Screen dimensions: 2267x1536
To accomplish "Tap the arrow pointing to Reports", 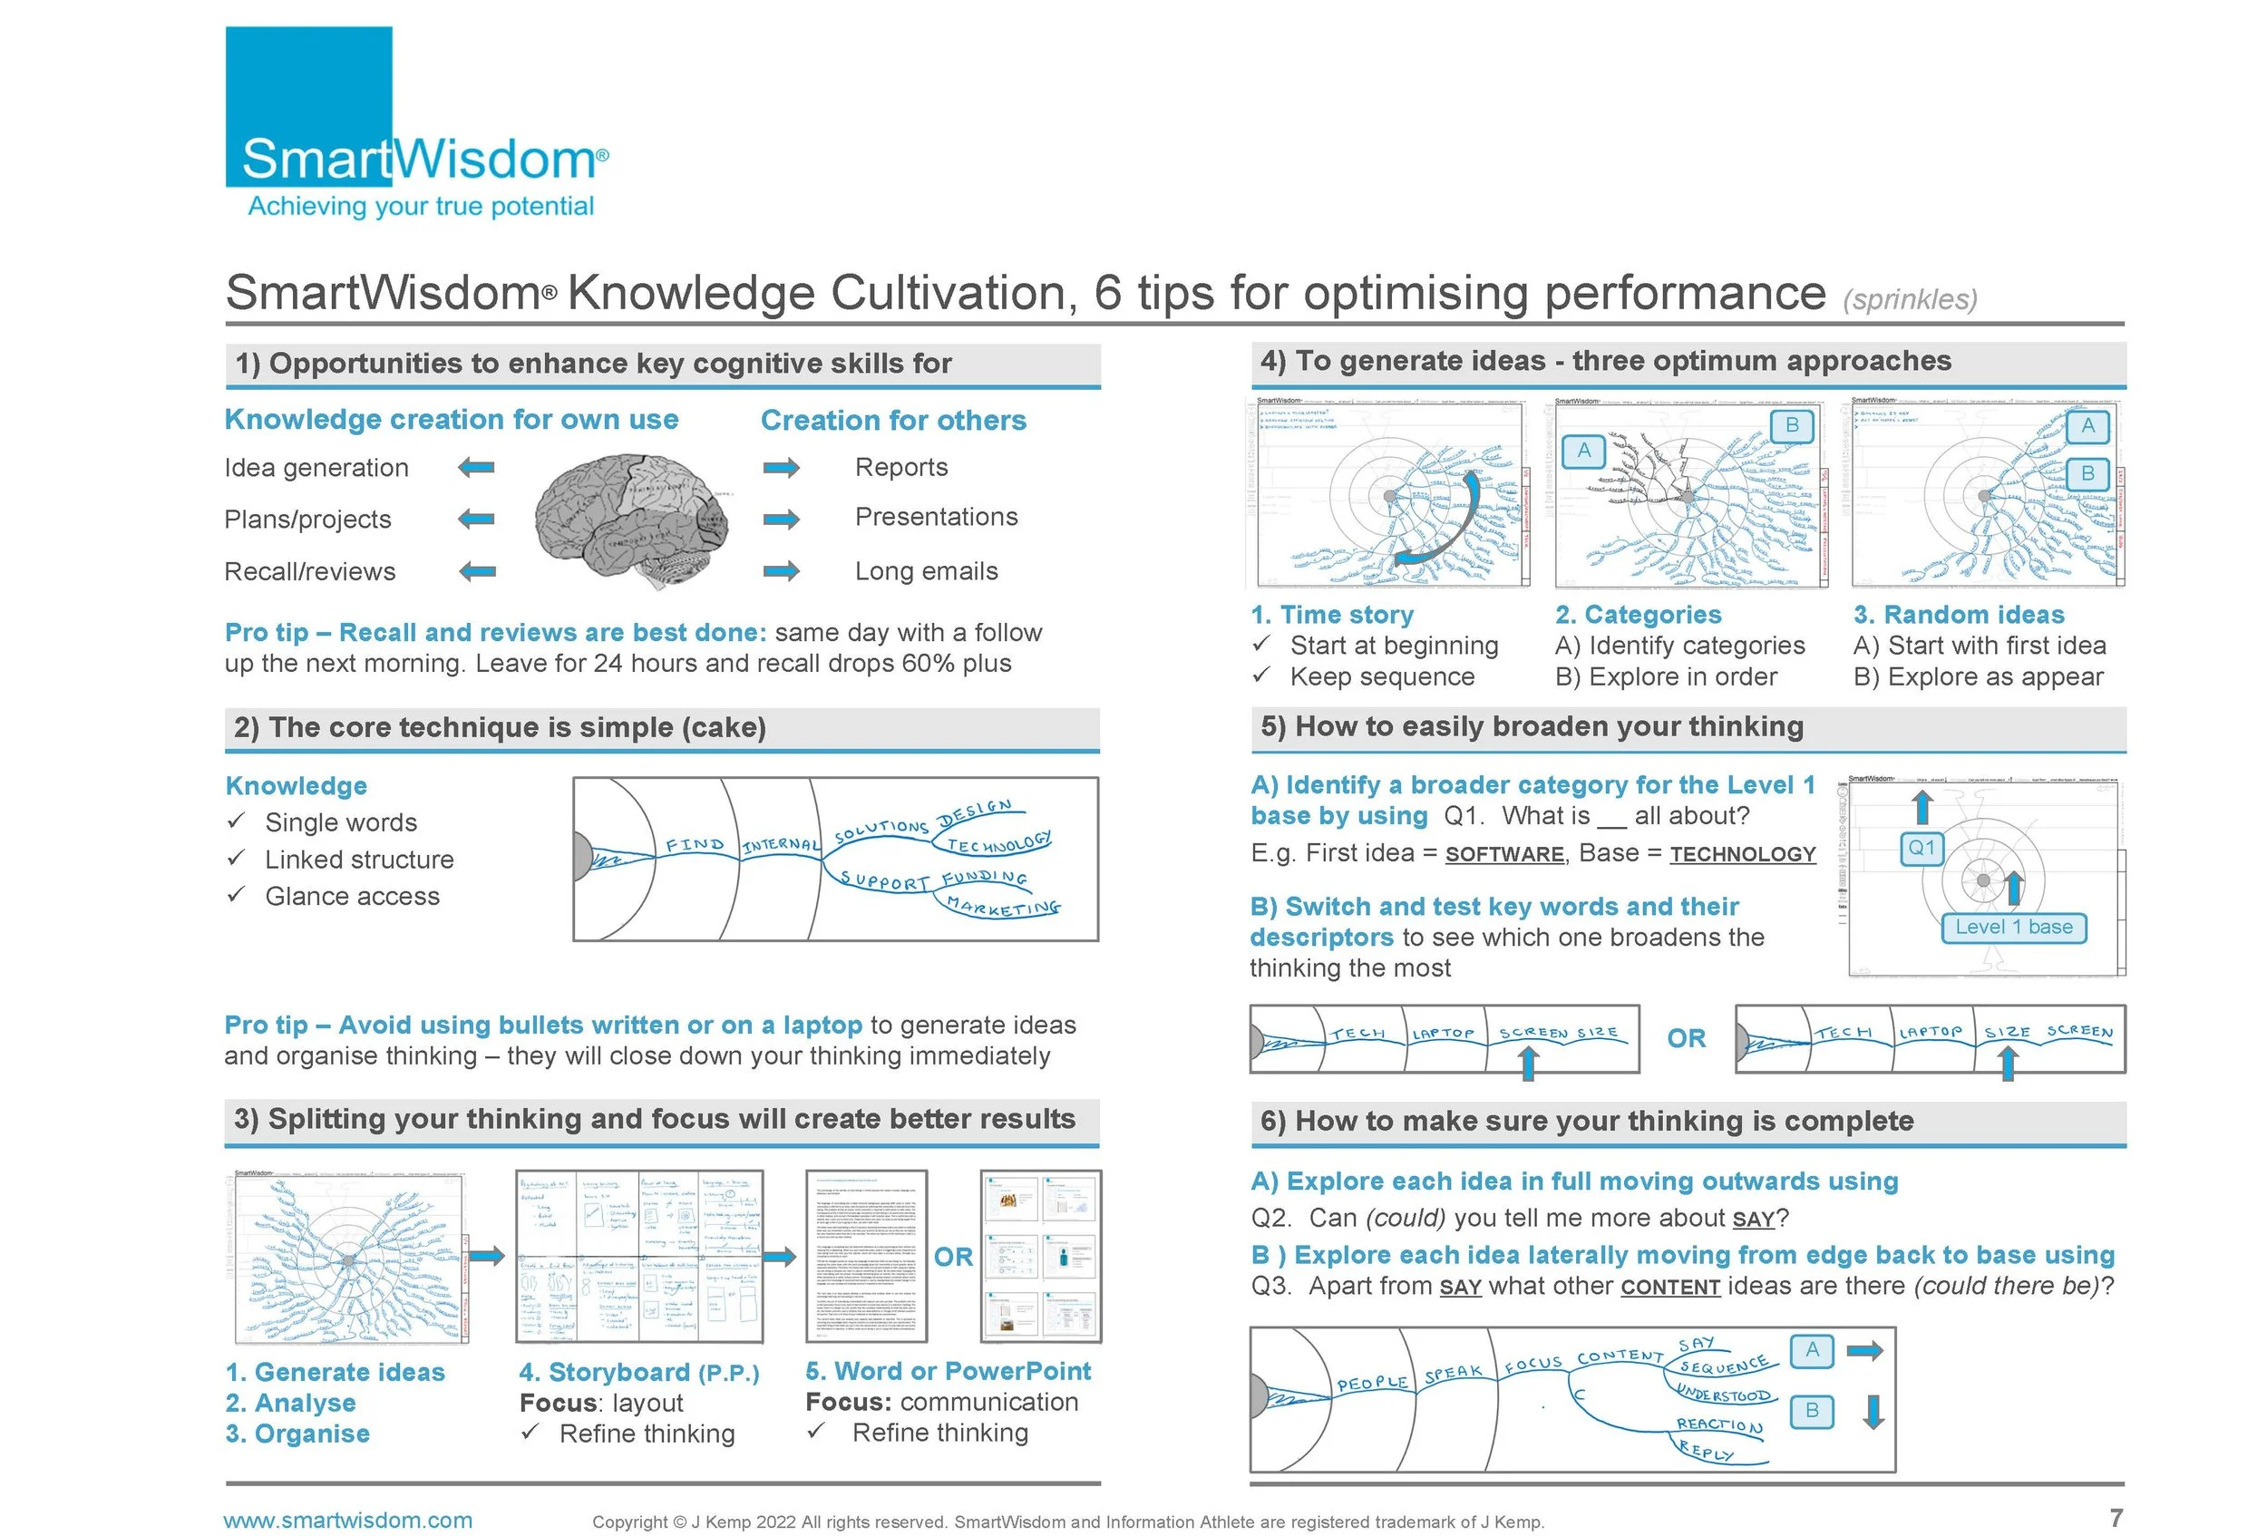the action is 782,468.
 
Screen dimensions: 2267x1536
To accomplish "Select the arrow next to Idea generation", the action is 476,468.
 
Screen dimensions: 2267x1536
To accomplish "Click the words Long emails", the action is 926,571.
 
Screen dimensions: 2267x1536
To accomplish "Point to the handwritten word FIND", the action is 695,844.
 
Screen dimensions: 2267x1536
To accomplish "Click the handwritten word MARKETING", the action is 1003,907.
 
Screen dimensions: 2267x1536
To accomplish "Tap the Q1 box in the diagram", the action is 1921,848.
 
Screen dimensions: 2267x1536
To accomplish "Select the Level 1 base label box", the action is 2013,928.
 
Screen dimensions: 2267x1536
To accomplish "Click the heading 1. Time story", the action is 1331,615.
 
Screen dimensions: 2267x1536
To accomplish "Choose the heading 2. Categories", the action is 1638,615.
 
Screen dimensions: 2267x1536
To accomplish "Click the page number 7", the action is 2116,1518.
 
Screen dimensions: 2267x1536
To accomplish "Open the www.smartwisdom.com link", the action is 347,1521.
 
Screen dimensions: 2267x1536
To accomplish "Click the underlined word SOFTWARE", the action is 1504,854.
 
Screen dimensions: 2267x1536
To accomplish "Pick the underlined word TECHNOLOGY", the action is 1742,854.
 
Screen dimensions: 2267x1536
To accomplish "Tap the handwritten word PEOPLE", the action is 1371,1383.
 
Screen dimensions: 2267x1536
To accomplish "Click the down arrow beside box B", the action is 1873,1411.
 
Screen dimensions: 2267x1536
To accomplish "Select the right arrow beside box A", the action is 1865,1351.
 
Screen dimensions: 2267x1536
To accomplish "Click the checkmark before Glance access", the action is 235,894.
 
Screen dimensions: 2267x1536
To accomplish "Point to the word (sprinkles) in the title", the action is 1910,299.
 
